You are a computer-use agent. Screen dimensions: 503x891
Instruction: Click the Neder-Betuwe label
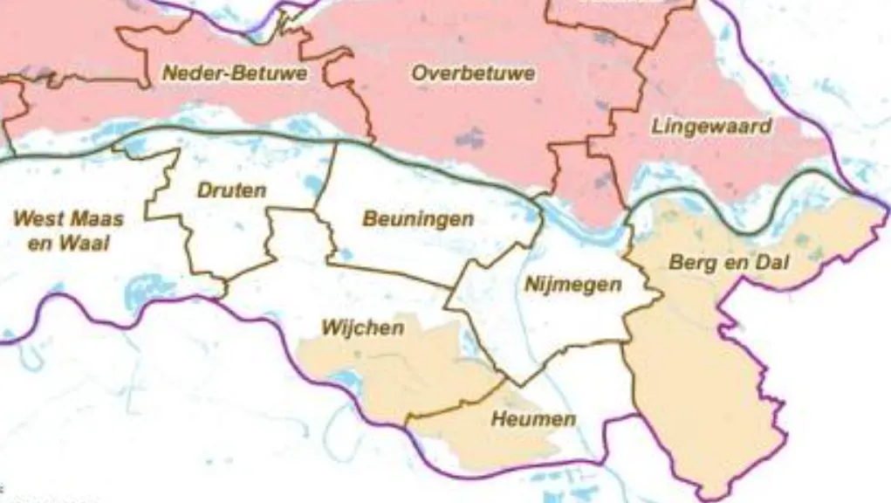tap(235, 74)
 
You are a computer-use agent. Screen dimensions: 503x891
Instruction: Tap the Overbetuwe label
tap(473, 73)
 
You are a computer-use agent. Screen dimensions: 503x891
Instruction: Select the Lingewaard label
tap(711, 127)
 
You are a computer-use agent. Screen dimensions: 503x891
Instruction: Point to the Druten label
tap(231, 190)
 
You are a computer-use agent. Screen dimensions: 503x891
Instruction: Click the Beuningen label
tap(418, 219)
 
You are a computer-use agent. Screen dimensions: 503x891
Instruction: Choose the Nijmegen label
tap(572, 285)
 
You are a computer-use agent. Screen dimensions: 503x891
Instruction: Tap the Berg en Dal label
tap(728, 263)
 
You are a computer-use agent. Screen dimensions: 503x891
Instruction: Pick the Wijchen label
tap(362, 328)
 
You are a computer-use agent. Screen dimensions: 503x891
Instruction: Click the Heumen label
tap(533, 420)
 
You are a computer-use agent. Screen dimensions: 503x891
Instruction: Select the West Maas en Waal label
tap(69, 231)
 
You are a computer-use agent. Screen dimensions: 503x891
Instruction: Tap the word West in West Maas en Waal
tap(38, 218)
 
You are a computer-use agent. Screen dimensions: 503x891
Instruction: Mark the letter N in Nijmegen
tap(531, 285)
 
